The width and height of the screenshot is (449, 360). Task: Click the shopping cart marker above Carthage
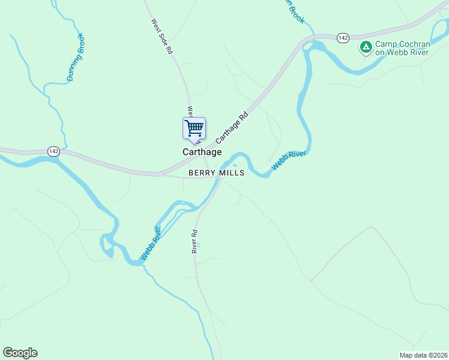coord(194,128)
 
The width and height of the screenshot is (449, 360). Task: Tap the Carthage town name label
coord(202,152)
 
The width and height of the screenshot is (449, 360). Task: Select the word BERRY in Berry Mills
coord(201,173)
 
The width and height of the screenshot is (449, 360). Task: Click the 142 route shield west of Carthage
coord(54,152)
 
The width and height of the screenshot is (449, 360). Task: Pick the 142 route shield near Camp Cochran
coord(342,38)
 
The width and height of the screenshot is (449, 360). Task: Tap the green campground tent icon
coord(365,47)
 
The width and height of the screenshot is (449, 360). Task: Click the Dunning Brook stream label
coord(77,58)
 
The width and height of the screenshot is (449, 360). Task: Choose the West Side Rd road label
coord(162,36)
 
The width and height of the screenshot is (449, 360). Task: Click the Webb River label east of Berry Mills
coord(289,160)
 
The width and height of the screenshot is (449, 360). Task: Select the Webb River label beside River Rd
coord(151,243)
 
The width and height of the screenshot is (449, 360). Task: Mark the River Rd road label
coord(194,241)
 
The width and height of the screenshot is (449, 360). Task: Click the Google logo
coord(20,353)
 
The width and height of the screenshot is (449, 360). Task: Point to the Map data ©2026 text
coord(423,355)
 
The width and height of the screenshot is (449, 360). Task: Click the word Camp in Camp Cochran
coord(385,44)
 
